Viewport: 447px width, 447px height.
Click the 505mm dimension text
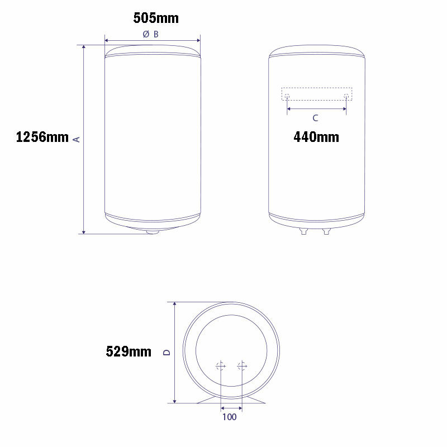(x=156, y=18)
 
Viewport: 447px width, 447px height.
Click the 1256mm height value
(x=42, y=137)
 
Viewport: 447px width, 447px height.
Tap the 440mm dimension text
(x=316, y=137)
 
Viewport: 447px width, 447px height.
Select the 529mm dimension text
(x=129, y=352)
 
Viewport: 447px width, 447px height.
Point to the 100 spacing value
(x=230, y=417)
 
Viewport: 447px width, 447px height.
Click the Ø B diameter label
(x=151, y=34)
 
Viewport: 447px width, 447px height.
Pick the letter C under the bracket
(x=315, y=118)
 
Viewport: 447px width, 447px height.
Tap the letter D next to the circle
(x=166, y=352)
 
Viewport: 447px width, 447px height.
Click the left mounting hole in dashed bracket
(x=287, y=96)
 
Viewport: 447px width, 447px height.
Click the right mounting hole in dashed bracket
(x=346, y=96)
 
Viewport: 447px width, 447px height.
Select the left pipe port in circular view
(x=220, y=366)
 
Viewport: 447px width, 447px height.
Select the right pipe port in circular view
(x=241, y=366)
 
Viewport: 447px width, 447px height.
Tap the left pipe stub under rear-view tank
(x=304, y=231)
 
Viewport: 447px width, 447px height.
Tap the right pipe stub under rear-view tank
(x=327, y=231)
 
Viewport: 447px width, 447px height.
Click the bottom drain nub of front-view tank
(x=152, y=231)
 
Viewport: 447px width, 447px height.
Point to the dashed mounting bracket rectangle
(x=317, y=88)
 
